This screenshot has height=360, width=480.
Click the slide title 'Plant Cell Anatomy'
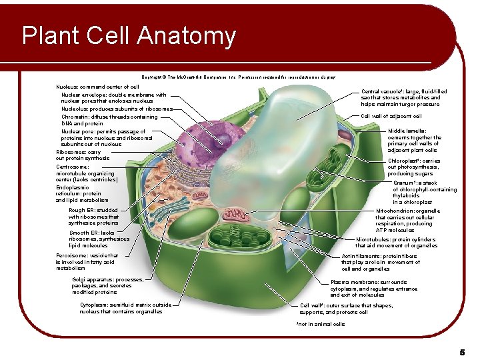pyautogui.click(x=129, y=36)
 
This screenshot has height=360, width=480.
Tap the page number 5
pyautogui.click(x=461, y=351)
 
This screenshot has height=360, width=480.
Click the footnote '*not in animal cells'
pyautogui.click(x=321, y=325)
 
